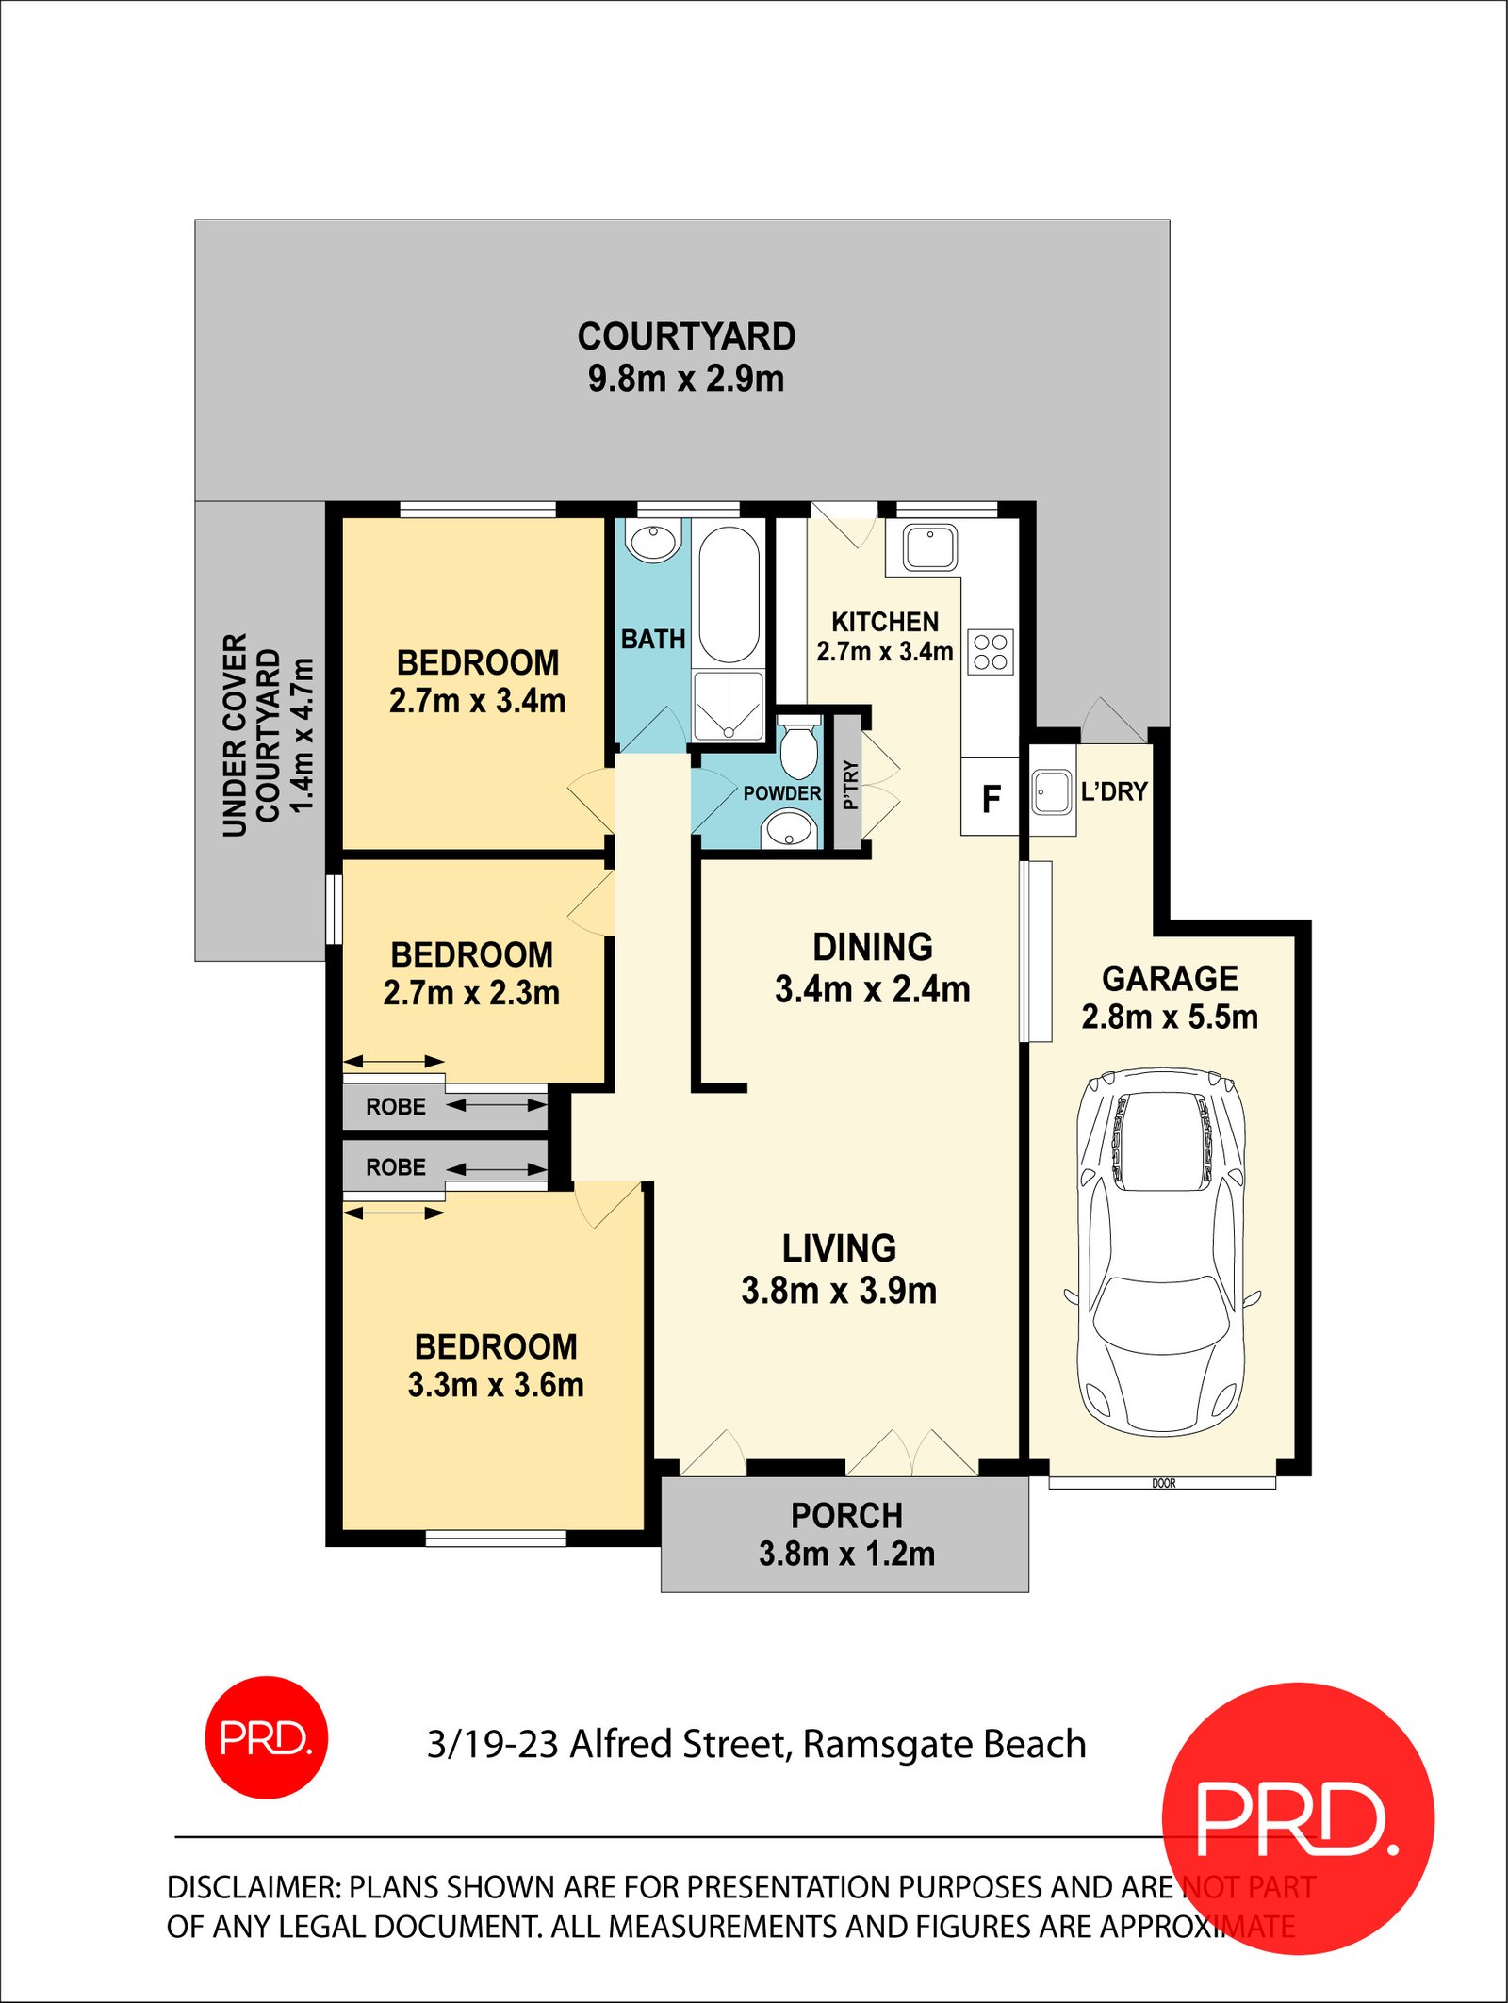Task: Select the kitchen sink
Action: click(930, 547)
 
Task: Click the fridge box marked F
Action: click(990, 798)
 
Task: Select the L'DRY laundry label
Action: click(1114, 791)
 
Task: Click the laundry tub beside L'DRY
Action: click(1051, 792)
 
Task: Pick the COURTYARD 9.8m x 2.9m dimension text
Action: click(686, 379)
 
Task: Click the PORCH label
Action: click(846, 1516)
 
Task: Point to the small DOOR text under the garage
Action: click(1163, 1483)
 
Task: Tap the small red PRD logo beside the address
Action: click(267, 1737)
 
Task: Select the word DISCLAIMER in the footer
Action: click(253, 1887)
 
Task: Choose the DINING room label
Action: click(873, 947)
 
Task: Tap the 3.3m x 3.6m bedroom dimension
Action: click(496, 1385)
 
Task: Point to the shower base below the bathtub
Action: click(729, 707)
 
